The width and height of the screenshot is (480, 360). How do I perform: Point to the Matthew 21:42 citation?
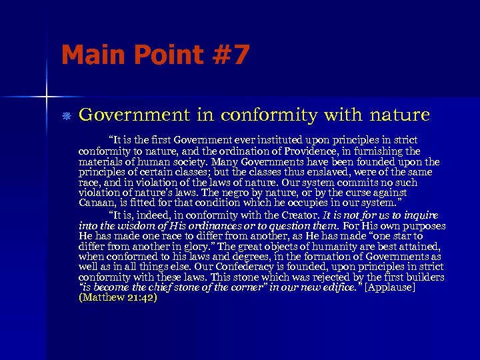point(118,298)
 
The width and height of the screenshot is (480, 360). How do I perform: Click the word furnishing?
point(392,151)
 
